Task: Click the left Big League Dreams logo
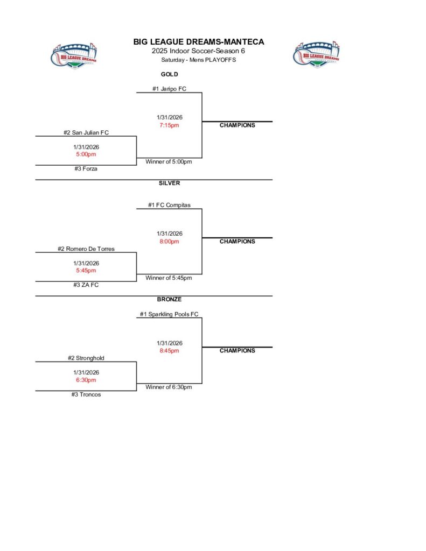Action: click(x=74, y=55)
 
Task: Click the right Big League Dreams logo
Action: click(x=317, y=55)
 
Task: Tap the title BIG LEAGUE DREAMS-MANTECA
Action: click(x=199, y=42)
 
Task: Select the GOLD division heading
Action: click(x=169, y=74)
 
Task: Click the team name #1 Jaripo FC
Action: click(x=169, y=89)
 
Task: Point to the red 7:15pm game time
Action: click(x=169, y=125)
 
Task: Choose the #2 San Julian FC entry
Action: click(x=86, y=132)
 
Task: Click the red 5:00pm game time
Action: click(x=86, y=154)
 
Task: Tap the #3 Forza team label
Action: click(x=86, y=169)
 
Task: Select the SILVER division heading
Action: click(x=169, y=183)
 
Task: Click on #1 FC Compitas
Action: click(x=169, y=205)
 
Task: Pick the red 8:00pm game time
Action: click(x=169, y=242)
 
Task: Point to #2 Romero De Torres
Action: click(x=86, y=249)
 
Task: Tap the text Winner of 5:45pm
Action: click(x=169, y=278)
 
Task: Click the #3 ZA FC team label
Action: click(x=86, y=285)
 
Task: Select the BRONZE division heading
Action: click(x=169, y=299)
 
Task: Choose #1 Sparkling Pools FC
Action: click(x=169, y=314)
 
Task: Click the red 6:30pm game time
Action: click(x=86, y=380)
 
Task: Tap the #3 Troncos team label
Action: click(x=86, y=394)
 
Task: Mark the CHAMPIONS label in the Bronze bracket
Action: click(x=237, y=351)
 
